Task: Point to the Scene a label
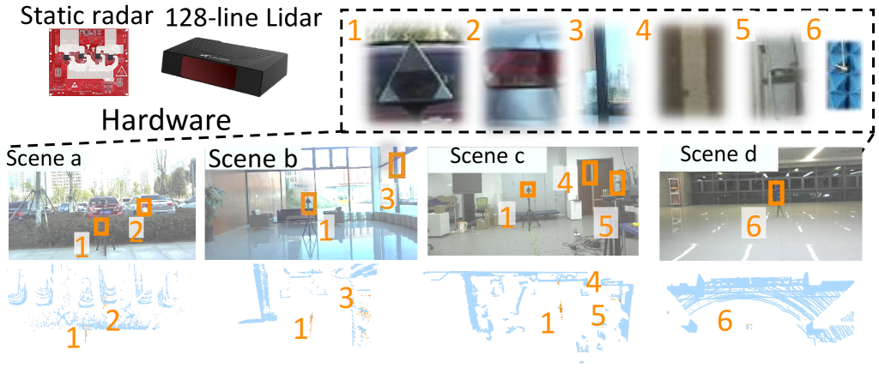coord(44,159)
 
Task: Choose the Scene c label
coord(488,156)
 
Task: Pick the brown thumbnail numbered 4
coord(691,70)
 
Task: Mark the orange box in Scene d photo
coord(776,193)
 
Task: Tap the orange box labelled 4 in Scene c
coord(589,172)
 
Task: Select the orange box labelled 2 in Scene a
coord(144,207)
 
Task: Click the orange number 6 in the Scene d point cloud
coord(724,321)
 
